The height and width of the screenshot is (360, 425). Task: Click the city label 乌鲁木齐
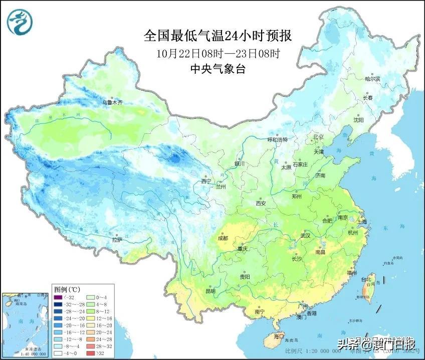pos(112,102)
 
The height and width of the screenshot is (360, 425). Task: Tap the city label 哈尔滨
pos(372,79)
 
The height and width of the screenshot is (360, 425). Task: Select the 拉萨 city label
pos(116,240)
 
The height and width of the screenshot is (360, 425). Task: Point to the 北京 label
pos(319,137)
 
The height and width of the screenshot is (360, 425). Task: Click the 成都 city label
pos(223,238)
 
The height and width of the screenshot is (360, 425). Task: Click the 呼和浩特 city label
pos(277,140)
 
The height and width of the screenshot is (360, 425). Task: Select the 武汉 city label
pos(305,235)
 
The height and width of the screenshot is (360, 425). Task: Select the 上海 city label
pos(361,222)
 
